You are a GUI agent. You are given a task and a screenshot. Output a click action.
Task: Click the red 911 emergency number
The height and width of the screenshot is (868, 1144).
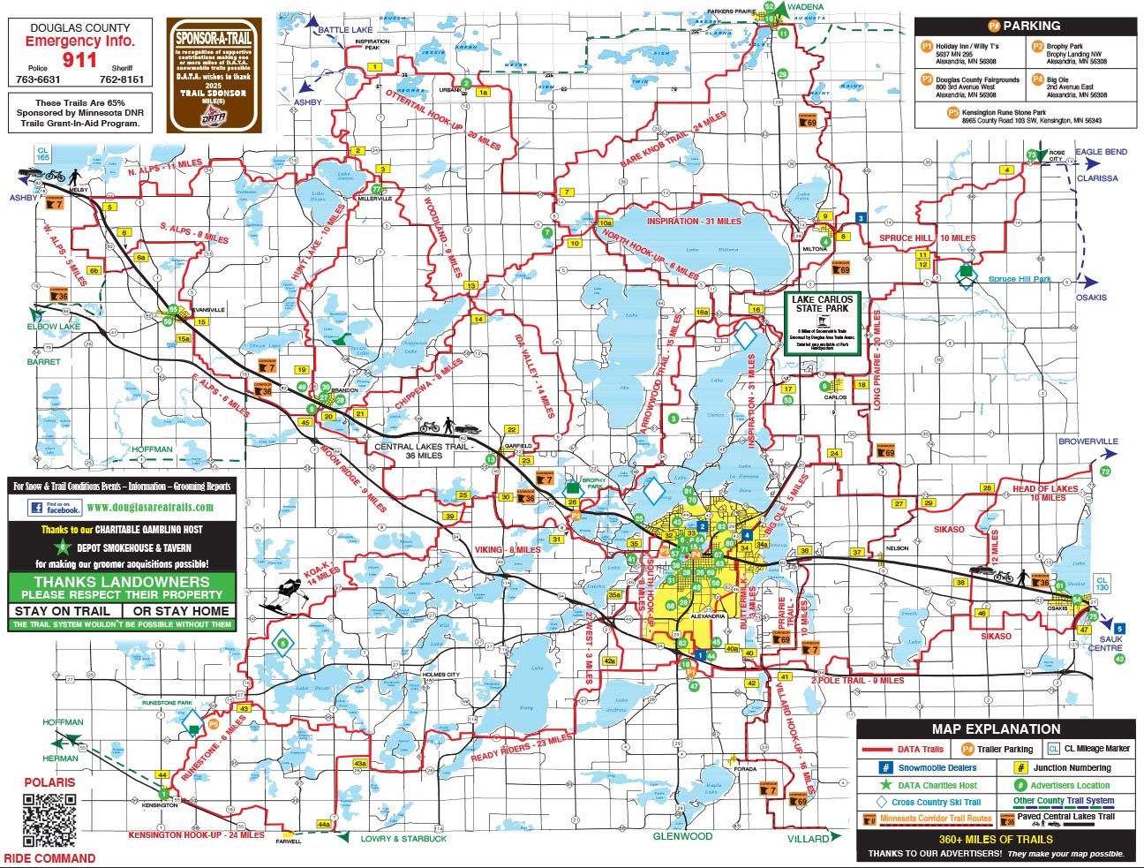(x=79, y=60)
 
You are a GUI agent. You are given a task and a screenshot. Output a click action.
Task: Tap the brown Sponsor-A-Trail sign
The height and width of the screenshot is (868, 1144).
(x=214, y=75)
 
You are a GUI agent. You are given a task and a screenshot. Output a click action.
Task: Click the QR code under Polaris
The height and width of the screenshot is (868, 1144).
(x=49, y=820)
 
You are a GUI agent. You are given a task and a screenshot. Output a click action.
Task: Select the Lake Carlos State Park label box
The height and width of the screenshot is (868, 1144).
(x=822, y=323)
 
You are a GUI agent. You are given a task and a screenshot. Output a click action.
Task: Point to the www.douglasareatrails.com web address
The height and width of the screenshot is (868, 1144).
(x=150, y=508)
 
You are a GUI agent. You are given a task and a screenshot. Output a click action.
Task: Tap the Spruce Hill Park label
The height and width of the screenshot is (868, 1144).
(x=1019, y=279)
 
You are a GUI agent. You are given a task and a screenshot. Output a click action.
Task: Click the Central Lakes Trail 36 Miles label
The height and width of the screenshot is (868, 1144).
(x=422, y=451)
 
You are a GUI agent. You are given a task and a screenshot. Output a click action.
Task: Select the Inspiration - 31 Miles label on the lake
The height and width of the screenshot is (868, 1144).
(x=694, y=222)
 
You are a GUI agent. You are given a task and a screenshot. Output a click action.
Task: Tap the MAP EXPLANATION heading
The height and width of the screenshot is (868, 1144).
(x=996, y=729)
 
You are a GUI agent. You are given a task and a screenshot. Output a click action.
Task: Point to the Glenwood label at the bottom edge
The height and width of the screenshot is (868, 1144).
(x=682, y=836)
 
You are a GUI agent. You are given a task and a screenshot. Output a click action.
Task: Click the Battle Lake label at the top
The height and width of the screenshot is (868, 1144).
(x=345, y=30)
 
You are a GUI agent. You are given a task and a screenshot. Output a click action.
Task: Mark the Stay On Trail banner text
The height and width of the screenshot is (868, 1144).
(x=62, y=611)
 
